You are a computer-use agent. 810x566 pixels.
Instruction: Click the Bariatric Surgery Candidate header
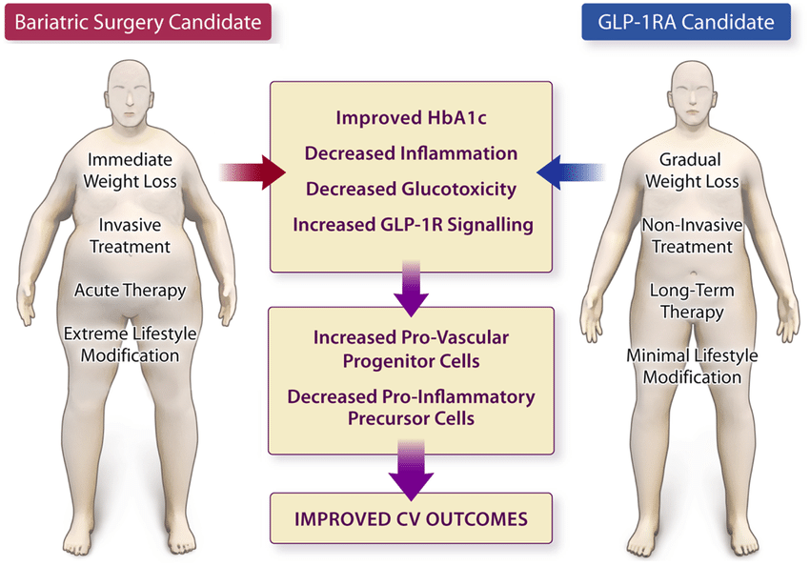138,22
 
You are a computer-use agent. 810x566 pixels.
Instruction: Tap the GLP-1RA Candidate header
686,22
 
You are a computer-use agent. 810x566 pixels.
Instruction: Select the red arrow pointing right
253,172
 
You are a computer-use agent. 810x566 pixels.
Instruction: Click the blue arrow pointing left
570,172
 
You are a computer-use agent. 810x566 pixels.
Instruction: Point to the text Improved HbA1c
412,118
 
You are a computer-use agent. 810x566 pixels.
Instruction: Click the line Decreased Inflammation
412,153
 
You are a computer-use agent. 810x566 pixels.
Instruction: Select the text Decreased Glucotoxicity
412,189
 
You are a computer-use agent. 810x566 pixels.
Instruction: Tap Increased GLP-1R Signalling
414,225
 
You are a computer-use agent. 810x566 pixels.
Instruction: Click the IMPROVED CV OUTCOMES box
412,518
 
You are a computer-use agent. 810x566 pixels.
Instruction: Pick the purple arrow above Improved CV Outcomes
412,471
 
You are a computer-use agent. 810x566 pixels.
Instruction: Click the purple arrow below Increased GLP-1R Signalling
412,290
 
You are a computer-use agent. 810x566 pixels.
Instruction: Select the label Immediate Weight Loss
130,171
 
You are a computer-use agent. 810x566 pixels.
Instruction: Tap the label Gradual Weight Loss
692,171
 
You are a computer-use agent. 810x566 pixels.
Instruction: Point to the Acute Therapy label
130,291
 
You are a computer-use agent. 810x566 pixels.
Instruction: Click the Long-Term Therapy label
692,301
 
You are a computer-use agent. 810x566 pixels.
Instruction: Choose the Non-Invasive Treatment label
692,236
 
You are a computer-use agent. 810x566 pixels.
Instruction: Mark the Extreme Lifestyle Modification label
130,344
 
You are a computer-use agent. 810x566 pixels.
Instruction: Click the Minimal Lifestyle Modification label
692,366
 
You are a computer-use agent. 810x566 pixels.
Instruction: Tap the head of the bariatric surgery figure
130,93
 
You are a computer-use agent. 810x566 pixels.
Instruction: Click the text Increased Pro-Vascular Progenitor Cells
412,349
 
